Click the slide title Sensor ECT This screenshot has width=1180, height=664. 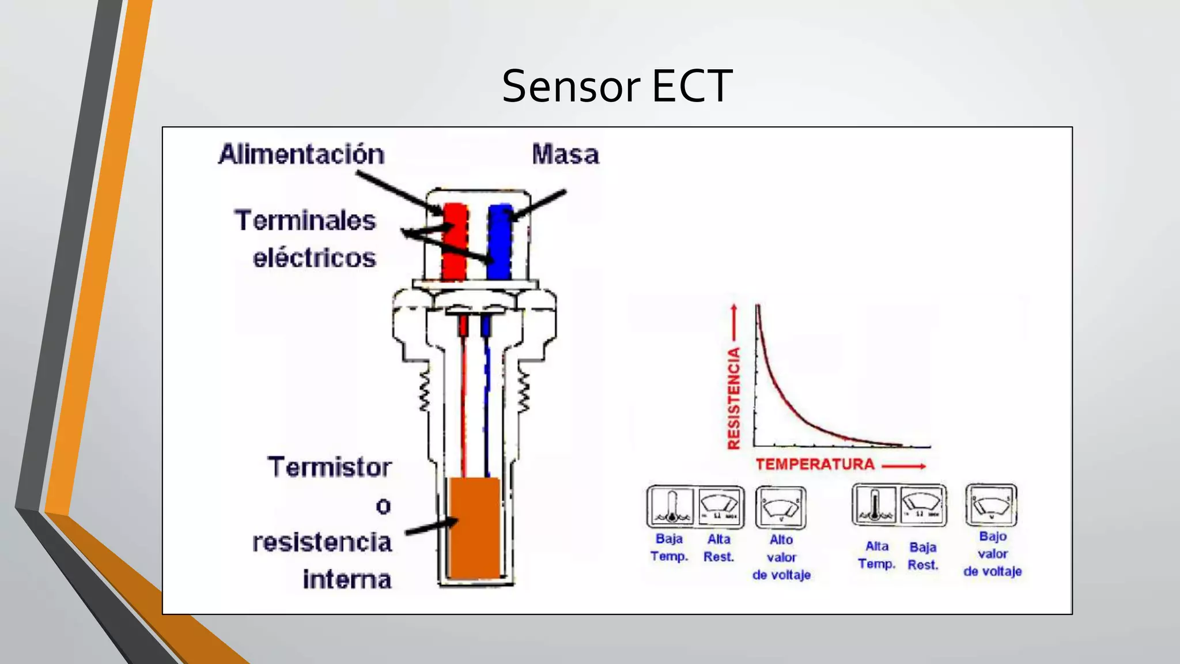point(617,86)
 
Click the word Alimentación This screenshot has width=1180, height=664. point(301,154)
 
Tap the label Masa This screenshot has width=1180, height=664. point(565,154)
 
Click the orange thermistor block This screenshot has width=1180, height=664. point(475,527)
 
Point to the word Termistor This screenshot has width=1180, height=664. point(329,467)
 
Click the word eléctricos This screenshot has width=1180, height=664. point(315,258)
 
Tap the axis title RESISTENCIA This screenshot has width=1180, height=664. point(733,398)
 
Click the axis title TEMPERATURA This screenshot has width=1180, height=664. point(815,465)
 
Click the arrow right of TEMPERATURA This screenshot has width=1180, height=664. point(903,466)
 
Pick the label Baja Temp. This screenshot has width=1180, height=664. point(670,548)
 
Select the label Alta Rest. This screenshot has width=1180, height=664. point(718,548)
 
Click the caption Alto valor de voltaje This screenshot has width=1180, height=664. point(781,557)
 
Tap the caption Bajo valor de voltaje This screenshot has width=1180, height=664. point(992,554)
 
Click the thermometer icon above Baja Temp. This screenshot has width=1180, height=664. point(671,506)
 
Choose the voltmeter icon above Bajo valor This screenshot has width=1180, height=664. point(991,505)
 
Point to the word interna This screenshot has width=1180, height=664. point(347,579)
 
